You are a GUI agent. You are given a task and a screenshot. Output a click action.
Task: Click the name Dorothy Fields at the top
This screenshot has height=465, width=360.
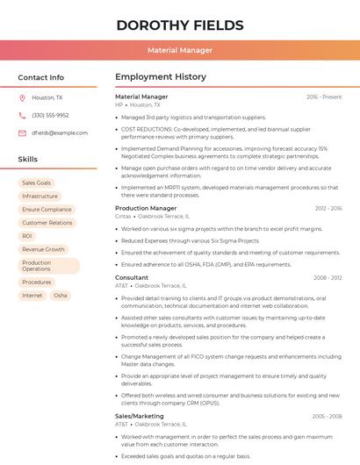click(180, 25)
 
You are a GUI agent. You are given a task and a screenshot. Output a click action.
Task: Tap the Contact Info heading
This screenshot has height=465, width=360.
click(41, 77)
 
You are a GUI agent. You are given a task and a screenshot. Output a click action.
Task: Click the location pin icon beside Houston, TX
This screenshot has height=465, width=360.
click(22, 98)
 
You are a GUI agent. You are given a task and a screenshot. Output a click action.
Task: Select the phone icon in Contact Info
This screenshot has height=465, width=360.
click(22, 115)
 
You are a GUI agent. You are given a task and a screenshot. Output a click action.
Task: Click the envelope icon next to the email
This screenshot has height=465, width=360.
click(22, 132)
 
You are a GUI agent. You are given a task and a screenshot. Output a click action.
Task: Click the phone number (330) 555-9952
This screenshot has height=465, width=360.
click(50, 115)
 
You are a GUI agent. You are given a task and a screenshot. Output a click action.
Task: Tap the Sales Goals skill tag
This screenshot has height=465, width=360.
click(36, 182)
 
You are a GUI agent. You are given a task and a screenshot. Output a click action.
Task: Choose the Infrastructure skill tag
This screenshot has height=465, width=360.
click(40, 196)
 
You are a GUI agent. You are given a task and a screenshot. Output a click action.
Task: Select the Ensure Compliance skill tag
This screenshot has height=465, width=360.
click(47, 210)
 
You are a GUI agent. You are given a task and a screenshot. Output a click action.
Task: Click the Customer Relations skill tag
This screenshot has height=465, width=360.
click(47, 223)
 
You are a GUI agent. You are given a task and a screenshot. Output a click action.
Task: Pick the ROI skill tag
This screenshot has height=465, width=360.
click(27, 236)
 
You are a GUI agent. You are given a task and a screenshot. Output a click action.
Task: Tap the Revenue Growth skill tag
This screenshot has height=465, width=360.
click(43, 249)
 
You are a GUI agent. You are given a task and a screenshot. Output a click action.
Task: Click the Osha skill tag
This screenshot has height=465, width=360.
click(60, 296)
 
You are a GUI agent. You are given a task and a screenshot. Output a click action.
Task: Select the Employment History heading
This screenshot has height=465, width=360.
click(161, 77)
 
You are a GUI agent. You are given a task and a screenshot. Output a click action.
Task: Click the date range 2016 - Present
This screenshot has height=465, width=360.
click(324, 97)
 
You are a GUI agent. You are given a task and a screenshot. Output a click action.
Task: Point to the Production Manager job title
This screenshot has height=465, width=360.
click(146, 208)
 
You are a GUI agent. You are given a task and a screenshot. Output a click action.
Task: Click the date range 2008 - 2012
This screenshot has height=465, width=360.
click(328, 278)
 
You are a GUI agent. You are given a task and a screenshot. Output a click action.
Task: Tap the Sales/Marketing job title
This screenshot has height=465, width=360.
click(140, 416)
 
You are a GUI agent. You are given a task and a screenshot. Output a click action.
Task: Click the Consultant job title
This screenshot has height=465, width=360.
click(132, 277)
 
